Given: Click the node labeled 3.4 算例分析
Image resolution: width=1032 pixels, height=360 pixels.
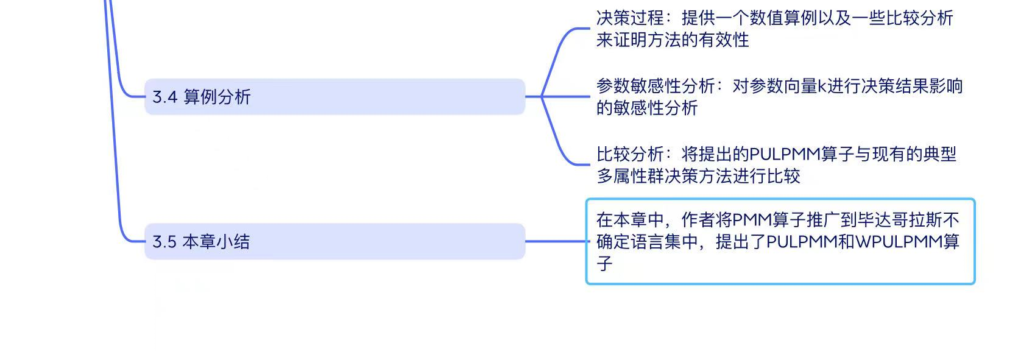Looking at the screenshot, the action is click(335, 97).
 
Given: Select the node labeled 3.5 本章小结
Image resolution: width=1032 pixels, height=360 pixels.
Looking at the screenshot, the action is click(335, 242).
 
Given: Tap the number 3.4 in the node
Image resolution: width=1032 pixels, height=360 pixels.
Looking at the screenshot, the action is click(164, 97).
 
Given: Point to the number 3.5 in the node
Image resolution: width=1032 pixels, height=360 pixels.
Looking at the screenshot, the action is click(164, 242).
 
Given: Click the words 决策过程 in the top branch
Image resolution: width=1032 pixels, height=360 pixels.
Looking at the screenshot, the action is click(631, 18).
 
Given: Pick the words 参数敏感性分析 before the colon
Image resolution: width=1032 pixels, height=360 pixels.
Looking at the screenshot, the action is click(656, 86).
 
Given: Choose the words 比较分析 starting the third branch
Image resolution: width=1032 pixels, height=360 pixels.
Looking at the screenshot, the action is click(631, 154).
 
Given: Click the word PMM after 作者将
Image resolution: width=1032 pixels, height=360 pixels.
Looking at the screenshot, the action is click(752, 220).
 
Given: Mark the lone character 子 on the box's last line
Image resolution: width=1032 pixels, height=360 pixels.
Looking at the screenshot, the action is click(604, 264).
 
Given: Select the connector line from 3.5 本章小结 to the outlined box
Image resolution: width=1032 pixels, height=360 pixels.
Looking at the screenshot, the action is click(557, 241).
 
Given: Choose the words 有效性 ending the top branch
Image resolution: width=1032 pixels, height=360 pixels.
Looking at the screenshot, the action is click(724, 40).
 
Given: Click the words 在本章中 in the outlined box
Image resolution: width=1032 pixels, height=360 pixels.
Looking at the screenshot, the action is click(631, 220).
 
